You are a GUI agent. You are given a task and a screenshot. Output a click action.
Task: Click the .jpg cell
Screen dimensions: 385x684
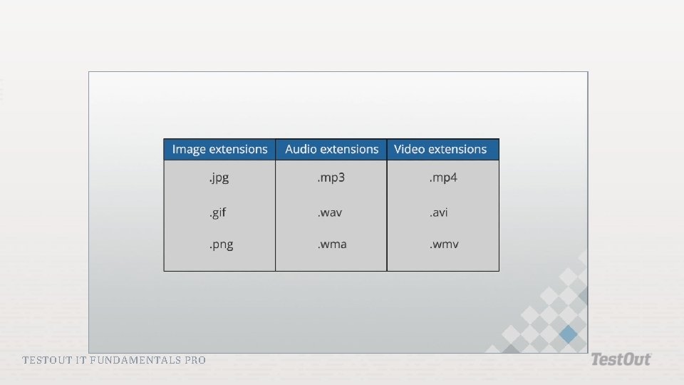219,178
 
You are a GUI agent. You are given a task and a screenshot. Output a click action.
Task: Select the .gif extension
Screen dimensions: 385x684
217,212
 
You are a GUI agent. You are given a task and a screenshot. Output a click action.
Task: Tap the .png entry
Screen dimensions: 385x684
221,245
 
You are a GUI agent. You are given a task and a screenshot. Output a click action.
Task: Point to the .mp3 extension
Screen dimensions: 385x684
331,178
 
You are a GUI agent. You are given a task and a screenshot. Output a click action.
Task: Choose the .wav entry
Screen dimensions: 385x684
330,212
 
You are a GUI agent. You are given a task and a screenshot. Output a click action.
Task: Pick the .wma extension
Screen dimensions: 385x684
332,245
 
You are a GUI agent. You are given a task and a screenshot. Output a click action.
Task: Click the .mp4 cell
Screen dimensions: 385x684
442,178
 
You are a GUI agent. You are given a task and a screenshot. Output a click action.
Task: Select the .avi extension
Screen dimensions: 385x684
438,212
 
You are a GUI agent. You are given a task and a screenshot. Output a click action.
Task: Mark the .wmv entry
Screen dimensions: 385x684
444,245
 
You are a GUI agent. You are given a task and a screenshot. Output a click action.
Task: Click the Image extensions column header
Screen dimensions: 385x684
219,149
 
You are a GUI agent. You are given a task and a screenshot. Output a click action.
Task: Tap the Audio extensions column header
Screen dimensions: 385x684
331,149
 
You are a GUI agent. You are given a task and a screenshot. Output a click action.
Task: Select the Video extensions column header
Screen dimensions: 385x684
440,149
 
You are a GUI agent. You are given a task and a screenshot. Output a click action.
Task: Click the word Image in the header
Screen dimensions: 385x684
189,149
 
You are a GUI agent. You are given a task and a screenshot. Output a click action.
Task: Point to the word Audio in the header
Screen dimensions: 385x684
301,149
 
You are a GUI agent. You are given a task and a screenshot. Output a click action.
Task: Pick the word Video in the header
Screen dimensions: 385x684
408,149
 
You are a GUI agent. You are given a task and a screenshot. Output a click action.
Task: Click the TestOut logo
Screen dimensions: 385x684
621,359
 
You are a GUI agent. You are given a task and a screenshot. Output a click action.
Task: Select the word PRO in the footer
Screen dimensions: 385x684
195,360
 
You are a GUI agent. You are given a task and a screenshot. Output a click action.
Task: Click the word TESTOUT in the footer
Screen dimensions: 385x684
47,360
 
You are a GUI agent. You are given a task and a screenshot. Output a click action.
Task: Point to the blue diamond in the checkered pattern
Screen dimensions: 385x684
568,334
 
